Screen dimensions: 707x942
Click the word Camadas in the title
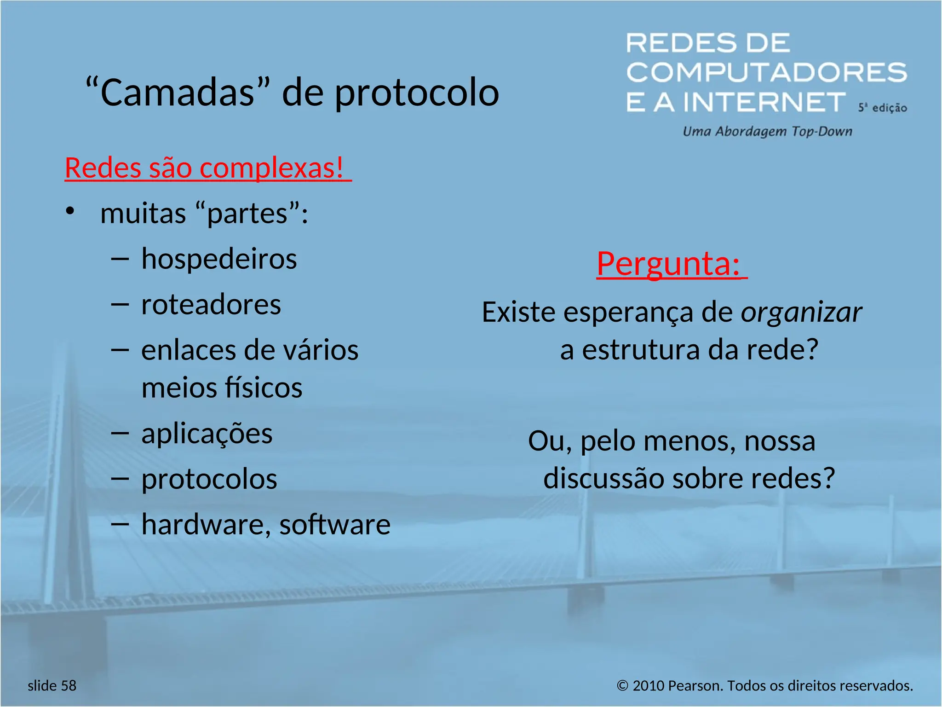177,93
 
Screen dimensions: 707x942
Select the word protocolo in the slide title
416,93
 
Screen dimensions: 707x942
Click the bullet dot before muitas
70,211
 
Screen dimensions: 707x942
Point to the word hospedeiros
219,259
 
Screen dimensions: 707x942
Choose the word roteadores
211,305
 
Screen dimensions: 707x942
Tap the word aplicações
207,434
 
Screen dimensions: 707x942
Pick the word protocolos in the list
209,480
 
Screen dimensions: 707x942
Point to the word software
335,525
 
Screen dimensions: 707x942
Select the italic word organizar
801,313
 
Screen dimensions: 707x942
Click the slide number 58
68,685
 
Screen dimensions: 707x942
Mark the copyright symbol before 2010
622,686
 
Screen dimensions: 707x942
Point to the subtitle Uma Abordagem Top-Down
767,132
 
